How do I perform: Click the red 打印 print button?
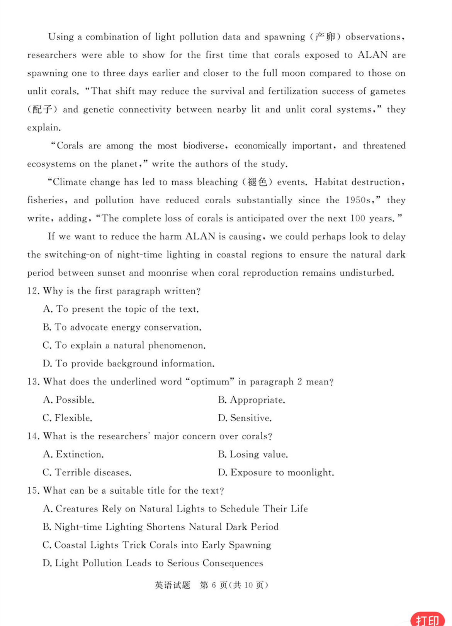[x=427, y=619]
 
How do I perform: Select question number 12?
[x=33, y=291]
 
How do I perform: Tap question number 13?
[x=33, y=382]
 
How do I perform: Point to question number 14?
[x=33, y=436]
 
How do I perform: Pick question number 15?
[x=33, y=491]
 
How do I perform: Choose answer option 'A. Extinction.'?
[x=73, y=454]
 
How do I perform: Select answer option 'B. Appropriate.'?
[x=251, y=400]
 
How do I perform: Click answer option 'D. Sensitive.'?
[x=245, y=418]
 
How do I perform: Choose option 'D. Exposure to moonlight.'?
[x=276, y=472]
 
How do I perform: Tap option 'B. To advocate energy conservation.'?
[x=122, y=327]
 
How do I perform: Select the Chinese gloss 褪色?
[x=257, y=182]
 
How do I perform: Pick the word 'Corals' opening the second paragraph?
[x=70, y=146]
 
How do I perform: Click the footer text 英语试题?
[x=172, y=585]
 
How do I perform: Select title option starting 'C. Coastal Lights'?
[x=157, y=545]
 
